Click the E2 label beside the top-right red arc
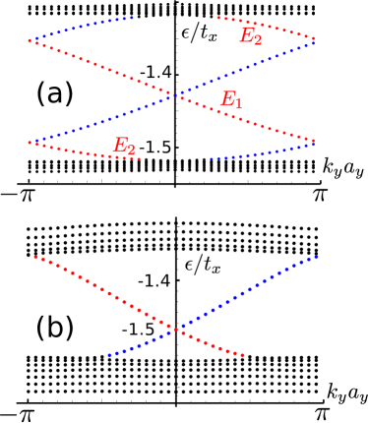tap(251, 36)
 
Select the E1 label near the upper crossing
tap(231, 99)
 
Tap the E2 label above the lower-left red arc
tap(124, 147)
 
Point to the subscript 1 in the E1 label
tap(238, 103)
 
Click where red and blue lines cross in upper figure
tap(175, 94)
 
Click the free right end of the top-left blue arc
tap(133, 17)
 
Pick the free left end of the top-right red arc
tap(217, 18)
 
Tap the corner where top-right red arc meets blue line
tap(314, 40)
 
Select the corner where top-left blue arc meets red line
tap(30, 40)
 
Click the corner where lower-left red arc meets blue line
tap(30, 143)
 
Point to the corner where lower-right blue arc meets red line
tap(314, 144)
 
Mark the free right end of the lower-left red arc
tap(140, 158)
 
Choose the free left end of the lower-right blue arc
tap(211, 158)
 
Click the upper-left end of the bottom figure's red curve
tap(34, 257)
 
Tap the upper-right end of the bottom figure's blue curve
tap(317, 257)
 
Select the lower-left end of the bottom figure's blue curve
tap(108, 355)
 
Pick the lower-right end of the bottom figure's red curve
tap(243, 355)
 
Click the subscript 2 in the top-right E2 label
tap(258, 40)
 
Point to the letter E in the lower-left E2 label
tap(119, 146)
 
